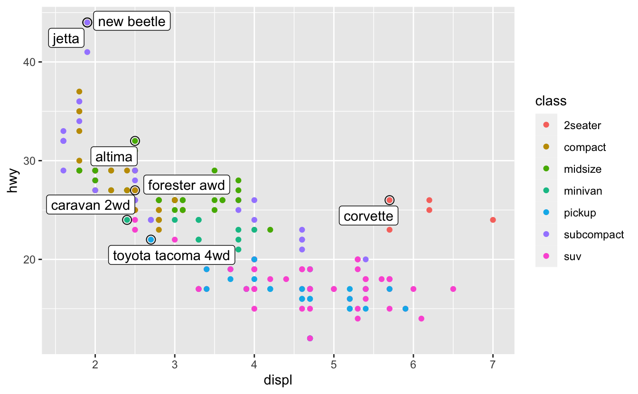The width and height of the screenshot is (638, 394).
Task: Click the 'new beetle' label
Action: pos(131,21)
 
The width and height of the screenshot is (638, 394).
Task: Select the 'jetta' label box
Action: pos(66,38)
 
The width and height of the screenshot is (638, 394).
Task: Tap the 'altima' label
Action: pos(114,156)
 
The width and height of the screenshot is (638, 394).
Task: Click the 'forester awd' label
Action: pos(186,185)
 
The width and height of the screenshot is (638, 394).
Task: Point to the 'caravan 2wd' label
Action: pos(84,205)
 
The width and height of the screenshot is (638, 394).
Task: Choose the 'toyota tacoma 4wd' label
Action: pos(171,256)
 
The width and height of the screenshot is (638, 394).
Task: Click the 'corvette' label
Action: pos(368,216)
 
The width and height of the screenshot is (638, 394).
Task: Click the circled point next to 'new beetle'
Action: pos(87,22)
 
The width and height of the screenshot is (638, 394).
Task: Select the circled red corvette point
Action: pos(389,200)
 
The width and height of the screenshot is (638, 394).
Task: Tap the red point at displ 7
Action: pos(493,220)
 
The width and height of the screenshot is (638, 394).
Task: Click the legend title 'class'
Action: pos(550,101)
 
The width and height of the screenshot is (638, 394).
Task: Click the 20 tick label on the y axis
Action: pos(29,260)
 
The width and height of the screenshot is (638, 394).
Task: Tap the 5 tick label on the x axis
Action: pos(334,365)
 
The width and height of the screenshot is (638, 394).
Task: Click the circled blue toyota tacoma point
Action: pos(151,240)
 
